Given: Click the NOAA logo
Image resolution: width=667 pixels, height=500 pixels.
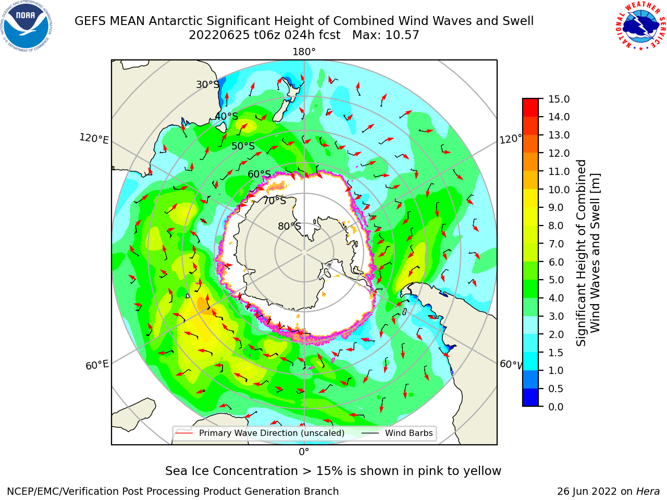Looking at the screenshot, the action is (26, 26).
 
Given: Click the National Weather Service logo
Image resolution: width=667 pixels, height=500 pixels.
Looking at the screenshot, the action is (641, 26).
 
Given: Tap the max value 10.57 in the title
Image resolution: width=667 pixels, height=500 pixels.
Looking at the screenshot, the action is (402, 35).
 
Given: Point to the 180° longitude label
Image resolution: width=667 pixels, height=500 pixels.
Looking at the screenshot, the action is (304, 52).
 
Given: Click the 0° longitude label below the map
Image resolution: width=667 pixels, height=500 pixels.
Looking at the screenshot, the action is (304, 452).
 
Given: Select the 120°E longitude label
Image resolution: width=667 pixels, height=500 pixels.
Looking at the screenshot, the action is (94, 139).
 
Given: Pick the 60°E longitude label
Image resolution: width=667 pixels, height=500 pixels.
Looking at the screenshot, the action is (97, 365).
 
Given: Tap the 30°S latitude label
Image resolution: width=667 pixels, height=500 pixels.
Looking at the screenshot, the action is (207, 84).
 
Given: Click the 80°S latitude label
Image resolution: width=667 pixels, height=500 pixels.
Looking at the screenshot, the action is (289, 226).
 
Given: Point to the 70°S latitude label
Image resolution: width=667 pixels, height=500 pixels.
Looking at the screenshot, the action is (275, 201).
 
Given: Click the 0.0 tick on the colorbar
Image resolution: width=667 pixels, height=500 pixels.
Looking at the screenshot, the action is (556, 407).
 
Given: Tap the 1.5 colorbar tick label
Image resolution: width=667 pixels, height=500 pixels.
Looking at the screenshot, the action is (556, 353).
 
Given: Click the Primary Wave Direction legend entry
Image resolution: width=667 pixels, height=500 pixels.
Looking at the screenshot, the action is (271, 433).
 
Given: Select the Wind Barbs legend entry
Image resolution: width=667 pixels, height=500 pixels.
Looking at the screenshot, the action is (409, 433).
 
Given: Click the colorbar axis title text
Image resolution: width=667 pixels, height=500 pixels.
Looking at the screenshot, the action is (588, 253).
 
